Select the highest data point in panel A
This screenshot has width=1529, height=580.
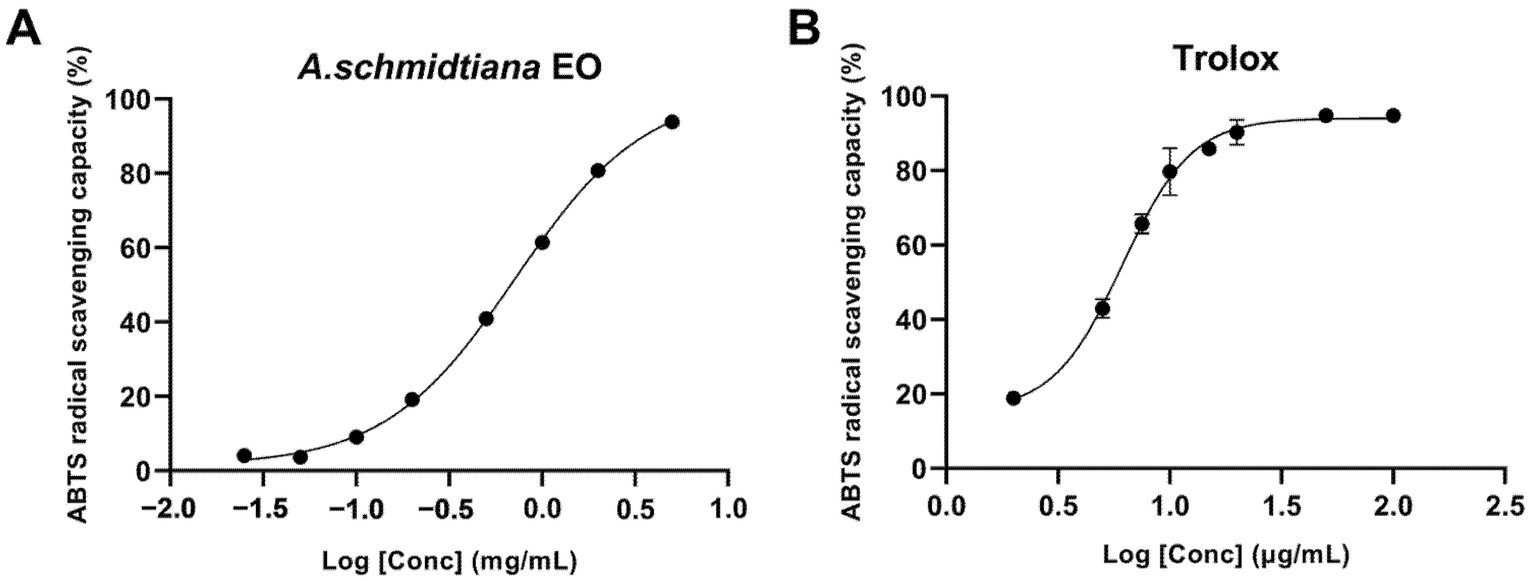coord(672,122)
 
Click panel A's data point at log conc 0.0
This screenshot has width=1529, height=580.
coord(542,242)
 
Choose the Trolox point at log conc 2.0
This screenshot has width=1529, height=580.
coord(1394,116)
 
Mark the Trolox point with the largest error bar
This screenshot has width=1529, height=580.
coord(1170,172)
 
